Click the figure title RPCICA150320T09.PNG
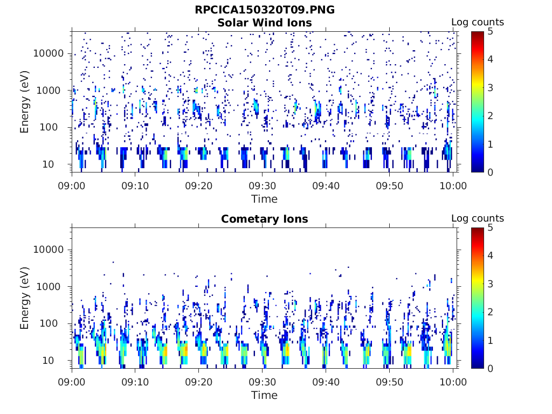pyautogui.click(x=264, y=10)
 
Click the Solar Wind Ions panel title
pyautogui.click(x=264, y=23)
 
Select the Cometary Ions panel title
pyautogui.click(x=264, y=219)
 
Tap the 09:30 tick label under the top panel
pyautogui.click(x=263, y=185)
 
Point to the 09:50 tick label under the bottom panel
pyautogui.click(x=390, y=382)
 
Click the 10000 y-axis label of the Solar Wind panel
pyautogui.click(x=49, y=53)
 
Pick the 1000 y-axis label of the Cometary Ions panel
pyautogui.click(x=52, y=287)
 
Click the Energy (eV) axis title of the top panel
pyautogui.click(x=25, y=101)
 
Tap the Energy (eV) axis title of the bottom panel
pyautogui.click(x=25, y=298)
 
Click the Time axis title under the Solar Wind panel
pyautogui.click(x=264, y=199)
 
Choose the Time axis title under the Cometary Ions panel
pyautogui.click(x=264, y=395)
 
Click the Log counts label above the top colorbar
pyautogui.click(x=477, y=22)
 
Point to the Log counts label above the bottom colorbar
pyautogui.click(x=477, y=218)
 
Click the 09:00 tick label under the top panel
pyautogui.click(x=72, y=185)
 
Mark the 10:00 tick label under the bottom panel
pyautogui.click(x=453, y=382)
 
